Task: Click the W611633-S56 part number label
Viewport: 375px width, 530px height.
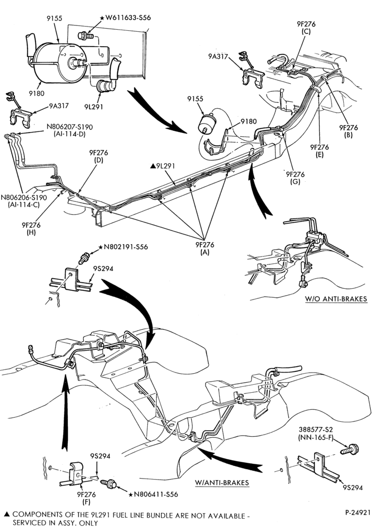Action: [x=126, y=17]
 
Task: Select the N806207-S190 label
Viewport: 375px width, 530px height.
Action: [x=69, y=127]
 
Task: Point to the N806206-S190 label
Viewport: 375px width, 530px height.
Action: [x=24, y=197]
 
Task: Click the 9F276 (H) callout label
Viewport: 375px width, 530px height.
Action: [x=31, y=229]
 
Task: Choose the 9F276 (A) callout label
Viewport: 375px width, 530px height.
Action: [x=205, y=249]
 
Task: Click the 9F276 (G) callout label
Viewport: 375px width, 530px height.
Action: [x=295, y=178]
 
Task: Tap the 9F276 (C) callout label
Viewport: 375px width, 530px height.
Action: [x=306, y=28]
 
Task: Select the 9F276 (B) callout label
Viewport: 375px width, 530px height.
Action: [x=349, y=131]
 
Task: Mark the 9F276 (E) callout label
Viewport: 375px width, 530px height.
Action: [x=319, y=151]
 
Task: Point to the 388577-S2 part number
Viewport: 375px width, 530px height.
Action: [x=316, y=430]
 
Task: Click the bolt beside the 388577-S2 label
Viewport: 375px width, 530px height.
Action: [x=350, y=449]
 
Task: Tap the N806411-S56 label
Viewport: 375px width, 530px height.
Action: [x=154, y=494]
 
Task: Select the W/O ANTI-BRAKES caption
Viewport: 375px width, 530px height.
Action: [x=336, y=299]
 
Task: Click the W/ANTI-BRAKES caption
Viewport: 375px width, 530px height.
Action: [x=222, y=482]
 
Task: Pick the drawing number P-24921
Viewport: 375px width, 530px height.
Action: [x=358, y=512]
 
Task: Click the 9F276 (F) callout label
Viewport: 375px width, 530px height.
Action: [x=86, y=498]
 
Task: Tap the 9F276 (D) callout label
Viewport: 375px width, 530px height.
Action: [x=99, y=156]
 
